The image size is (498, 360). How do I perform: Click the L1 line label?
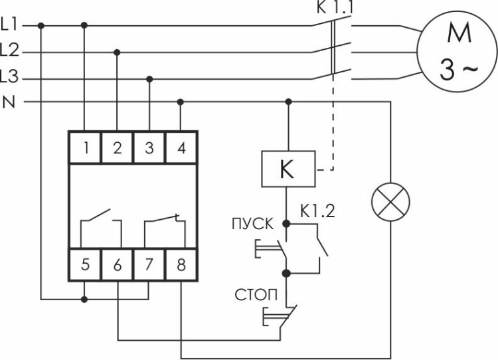[x=11, y=25]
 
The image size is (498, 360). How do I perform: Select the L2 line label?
[x=11, y=50]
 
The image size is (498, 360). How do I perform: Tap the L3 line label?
[x=11, y=78]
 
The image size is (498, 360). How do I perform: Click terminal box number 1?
[x=86, y=148]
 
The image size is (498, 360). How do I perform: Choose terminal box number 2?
[x=118, y=148]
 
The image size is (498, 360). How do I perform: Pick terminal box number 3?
[x=149, y=148]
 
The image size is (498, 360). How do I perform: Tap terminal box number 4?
[x=181, y=148]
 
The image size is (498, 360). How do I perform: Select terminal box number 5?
[x=86, y=264]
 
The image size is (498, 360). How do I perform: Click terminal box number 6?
[x=118, y=264]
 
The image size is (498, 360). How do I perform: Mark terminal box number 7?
[x=149, y=264]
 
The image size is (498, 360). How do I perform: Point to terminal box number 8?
[x=181, y=264]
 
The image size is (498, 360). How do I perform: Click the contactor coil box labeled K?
[x=287, y=170]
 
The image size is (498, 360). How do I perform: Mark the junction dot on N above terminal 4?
[x=181, y=102]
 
